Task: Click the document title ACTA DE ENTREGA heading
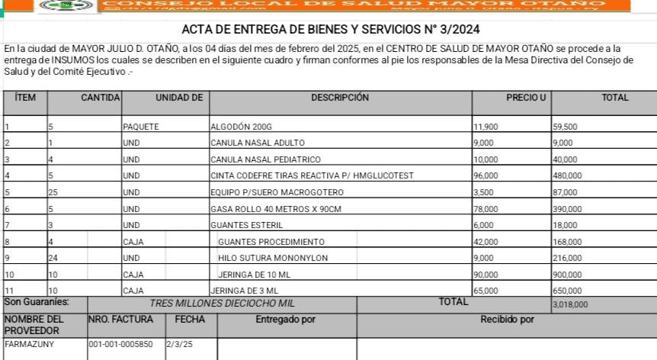click(x=331, y=31)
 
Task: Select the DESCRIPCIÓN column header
click(x=340, y=98)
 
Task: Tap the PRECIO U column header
click(x=526, y=98)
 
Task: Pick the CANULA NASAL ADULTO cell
click(x=258, y=143)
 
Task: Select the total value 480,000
click(x=567, y=175)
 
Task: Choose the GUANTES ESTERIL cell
click(x=247, y=225)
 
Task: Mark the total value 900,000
click(x=567, y=275)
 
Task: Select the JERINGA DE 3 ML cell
click(x=245, y=291)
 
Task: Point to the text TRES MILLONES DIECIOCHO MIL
click(x=223, y=303)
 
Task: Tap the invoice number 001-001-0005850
click(x=120, y=345)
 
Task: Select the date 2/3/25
click(x=180, y=345)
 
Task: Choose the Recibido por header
click(x=507, y=320)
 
